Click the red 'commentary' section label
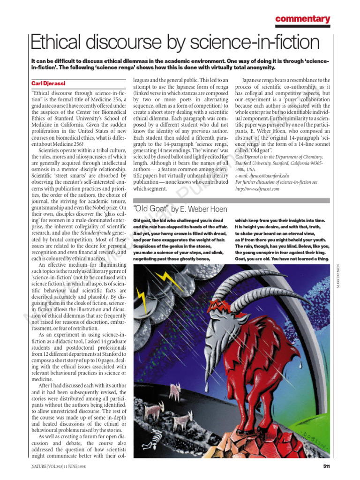pyautogui.click(x=302, y=19)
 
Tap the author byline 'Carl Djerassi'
pyautogui.click(x=47, y=83)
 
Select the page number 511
pyautogui.click(x=327, y=466)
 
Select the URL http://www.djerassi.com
pyautogui.click(x=257, y=188)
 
